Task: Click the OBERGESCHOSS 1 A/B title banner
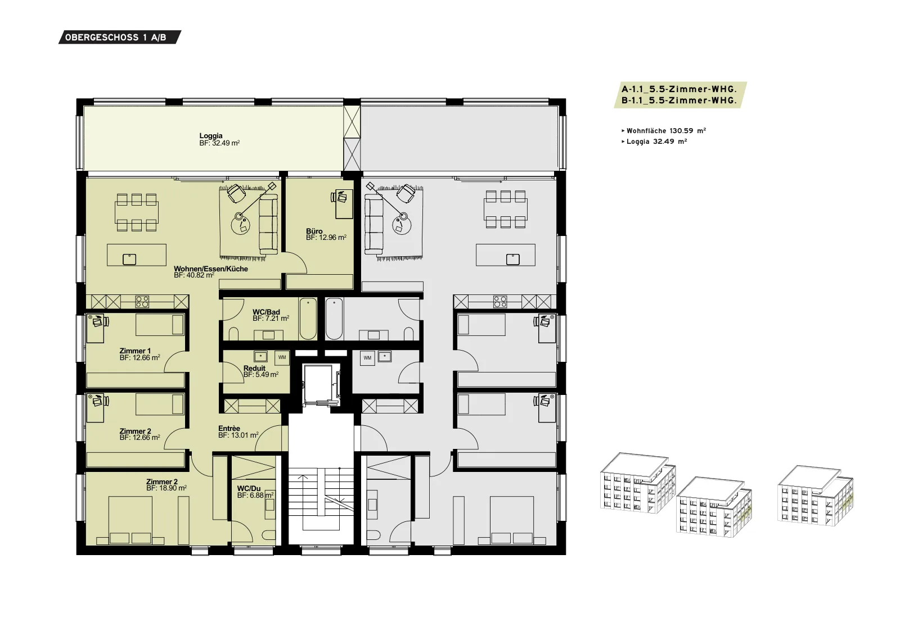[120, 37]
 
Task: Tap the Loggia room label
[211, 136]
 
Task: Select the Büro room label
[314, 231]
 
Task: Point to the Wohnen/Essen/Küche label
[211, 269]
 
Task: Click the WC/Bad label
[267, 312]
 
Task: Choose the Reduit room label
[254, 369]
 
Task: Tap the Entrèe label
[229, 429]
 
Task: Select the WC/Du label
[249, 488]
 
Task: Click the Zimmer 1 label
[135, 351]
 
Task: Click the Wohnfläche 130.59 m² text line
[664, 131]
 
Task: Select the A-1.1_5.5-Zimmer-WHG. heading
[679, 89]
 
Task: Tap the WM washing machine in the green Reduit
[282, 357]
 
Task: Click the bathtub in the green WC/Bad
[308, 319]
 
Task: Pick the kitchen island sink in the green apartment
[129, 259]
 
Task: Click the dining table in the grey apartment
[506, 210]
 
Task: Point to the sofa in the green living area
[269, 225]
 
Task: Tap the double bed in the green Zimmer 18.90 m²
[130, 520]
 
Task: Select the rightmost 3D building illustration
[816, 496]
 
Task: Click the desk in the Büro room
[344, 205]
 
